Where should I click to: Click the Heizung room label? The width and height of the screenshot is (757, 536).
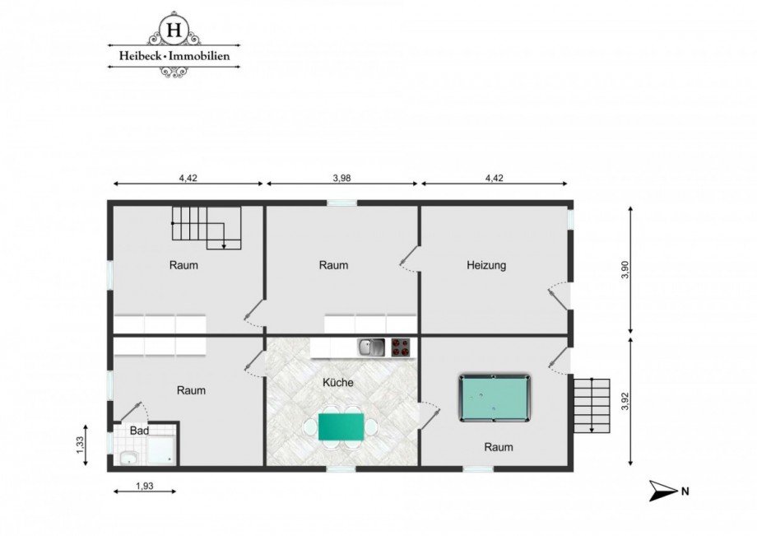coord(486,265)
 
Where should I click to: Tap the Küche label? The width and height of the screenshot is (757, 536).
coord(338,382)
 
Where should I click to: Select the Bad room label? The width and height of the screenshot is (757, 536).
coord(140,431)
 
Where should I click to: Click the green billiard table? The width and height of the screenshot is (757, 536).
coord(495,398)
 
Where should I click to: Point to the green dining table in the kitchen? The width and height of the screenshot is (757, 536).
coord(341,426)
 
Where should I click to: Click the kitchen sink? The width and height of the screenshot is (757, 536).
coord(371,347)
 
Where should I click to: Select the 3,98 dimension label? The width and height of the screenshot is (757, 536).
coord(341,178)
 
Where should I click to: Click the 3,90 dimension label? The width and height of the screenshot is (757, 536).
coord(625,270)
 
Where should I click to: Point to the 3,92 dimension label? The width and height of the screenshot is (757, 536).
coord(626,400)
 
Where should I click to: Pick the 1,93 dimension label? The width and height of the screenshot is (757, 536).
coord(145,486)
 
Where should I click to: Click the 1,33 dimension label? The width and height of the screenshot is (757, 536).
coord(80,445)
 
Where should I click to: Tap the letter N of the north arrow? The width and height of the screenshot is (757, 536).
coord(685,492)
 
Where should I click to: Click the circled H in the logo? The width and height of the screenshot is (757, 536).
coord(174,30)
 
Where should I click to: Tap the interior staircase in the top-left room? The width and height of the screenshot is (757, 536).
coord(207,228)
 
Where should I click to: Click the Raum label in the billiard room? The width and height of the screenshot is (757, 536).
coord(499,447)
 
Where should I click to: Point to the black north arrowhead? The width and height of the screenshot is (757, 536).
coord(662,491)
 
